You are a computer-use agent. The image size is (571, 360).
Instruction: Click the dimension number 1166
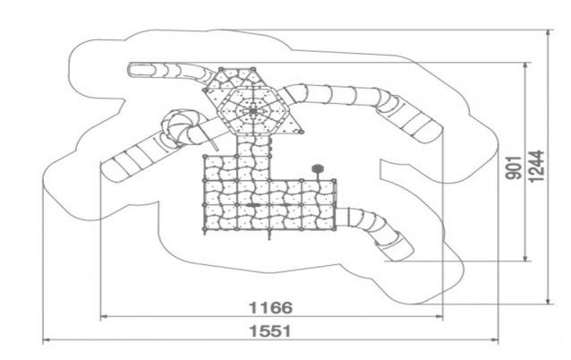[270, 307]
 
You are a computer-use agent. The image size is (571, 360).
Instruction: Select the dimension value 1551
[270, 331]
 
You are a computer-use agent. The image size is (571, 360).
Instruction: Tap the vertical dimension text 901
[514, 167]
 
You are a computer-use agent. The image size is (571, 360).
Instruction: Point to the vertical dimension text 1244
[537, 166]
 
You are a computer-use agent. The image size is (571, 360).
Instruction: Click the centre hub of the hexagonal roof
[252, 109]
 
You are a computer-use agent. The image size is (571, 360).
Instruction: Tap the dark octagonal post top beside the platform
[318, 168]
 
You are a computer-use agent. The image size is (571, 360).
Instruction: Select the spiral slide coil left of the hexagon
[181, 128]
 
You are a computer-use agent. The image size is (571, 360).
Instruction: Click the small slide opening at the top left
[141, 70]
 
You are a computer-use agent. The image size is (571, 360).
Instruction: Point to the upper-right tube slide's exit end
[425, 129]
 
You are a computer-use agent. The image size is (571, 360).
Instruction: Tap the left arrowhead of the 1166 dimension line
[103, 317]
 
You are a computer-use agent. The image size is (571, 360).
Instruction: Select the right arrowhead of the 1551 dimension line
[495, 340]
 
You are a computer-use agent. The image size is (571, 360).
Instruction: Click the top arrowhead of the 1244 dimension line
[549, 33]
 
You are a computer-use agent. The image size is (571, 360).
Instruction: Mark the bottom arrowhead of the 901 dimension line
[525, 258]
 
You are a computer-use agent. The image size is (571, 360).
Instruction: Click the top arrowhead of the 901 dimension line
[525, 66]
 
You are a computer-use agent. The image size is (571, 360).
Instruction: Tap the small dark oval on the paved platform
[252, 205]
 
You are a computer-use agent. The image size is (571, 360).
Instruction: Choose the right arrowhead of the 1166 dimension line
[440, 317]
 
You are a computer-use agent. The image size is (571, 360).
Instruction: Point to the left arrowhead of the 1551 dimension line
[47, 340]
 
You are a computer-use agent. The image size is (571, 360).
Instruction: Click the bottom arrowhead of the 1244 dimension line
[549, 300]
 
